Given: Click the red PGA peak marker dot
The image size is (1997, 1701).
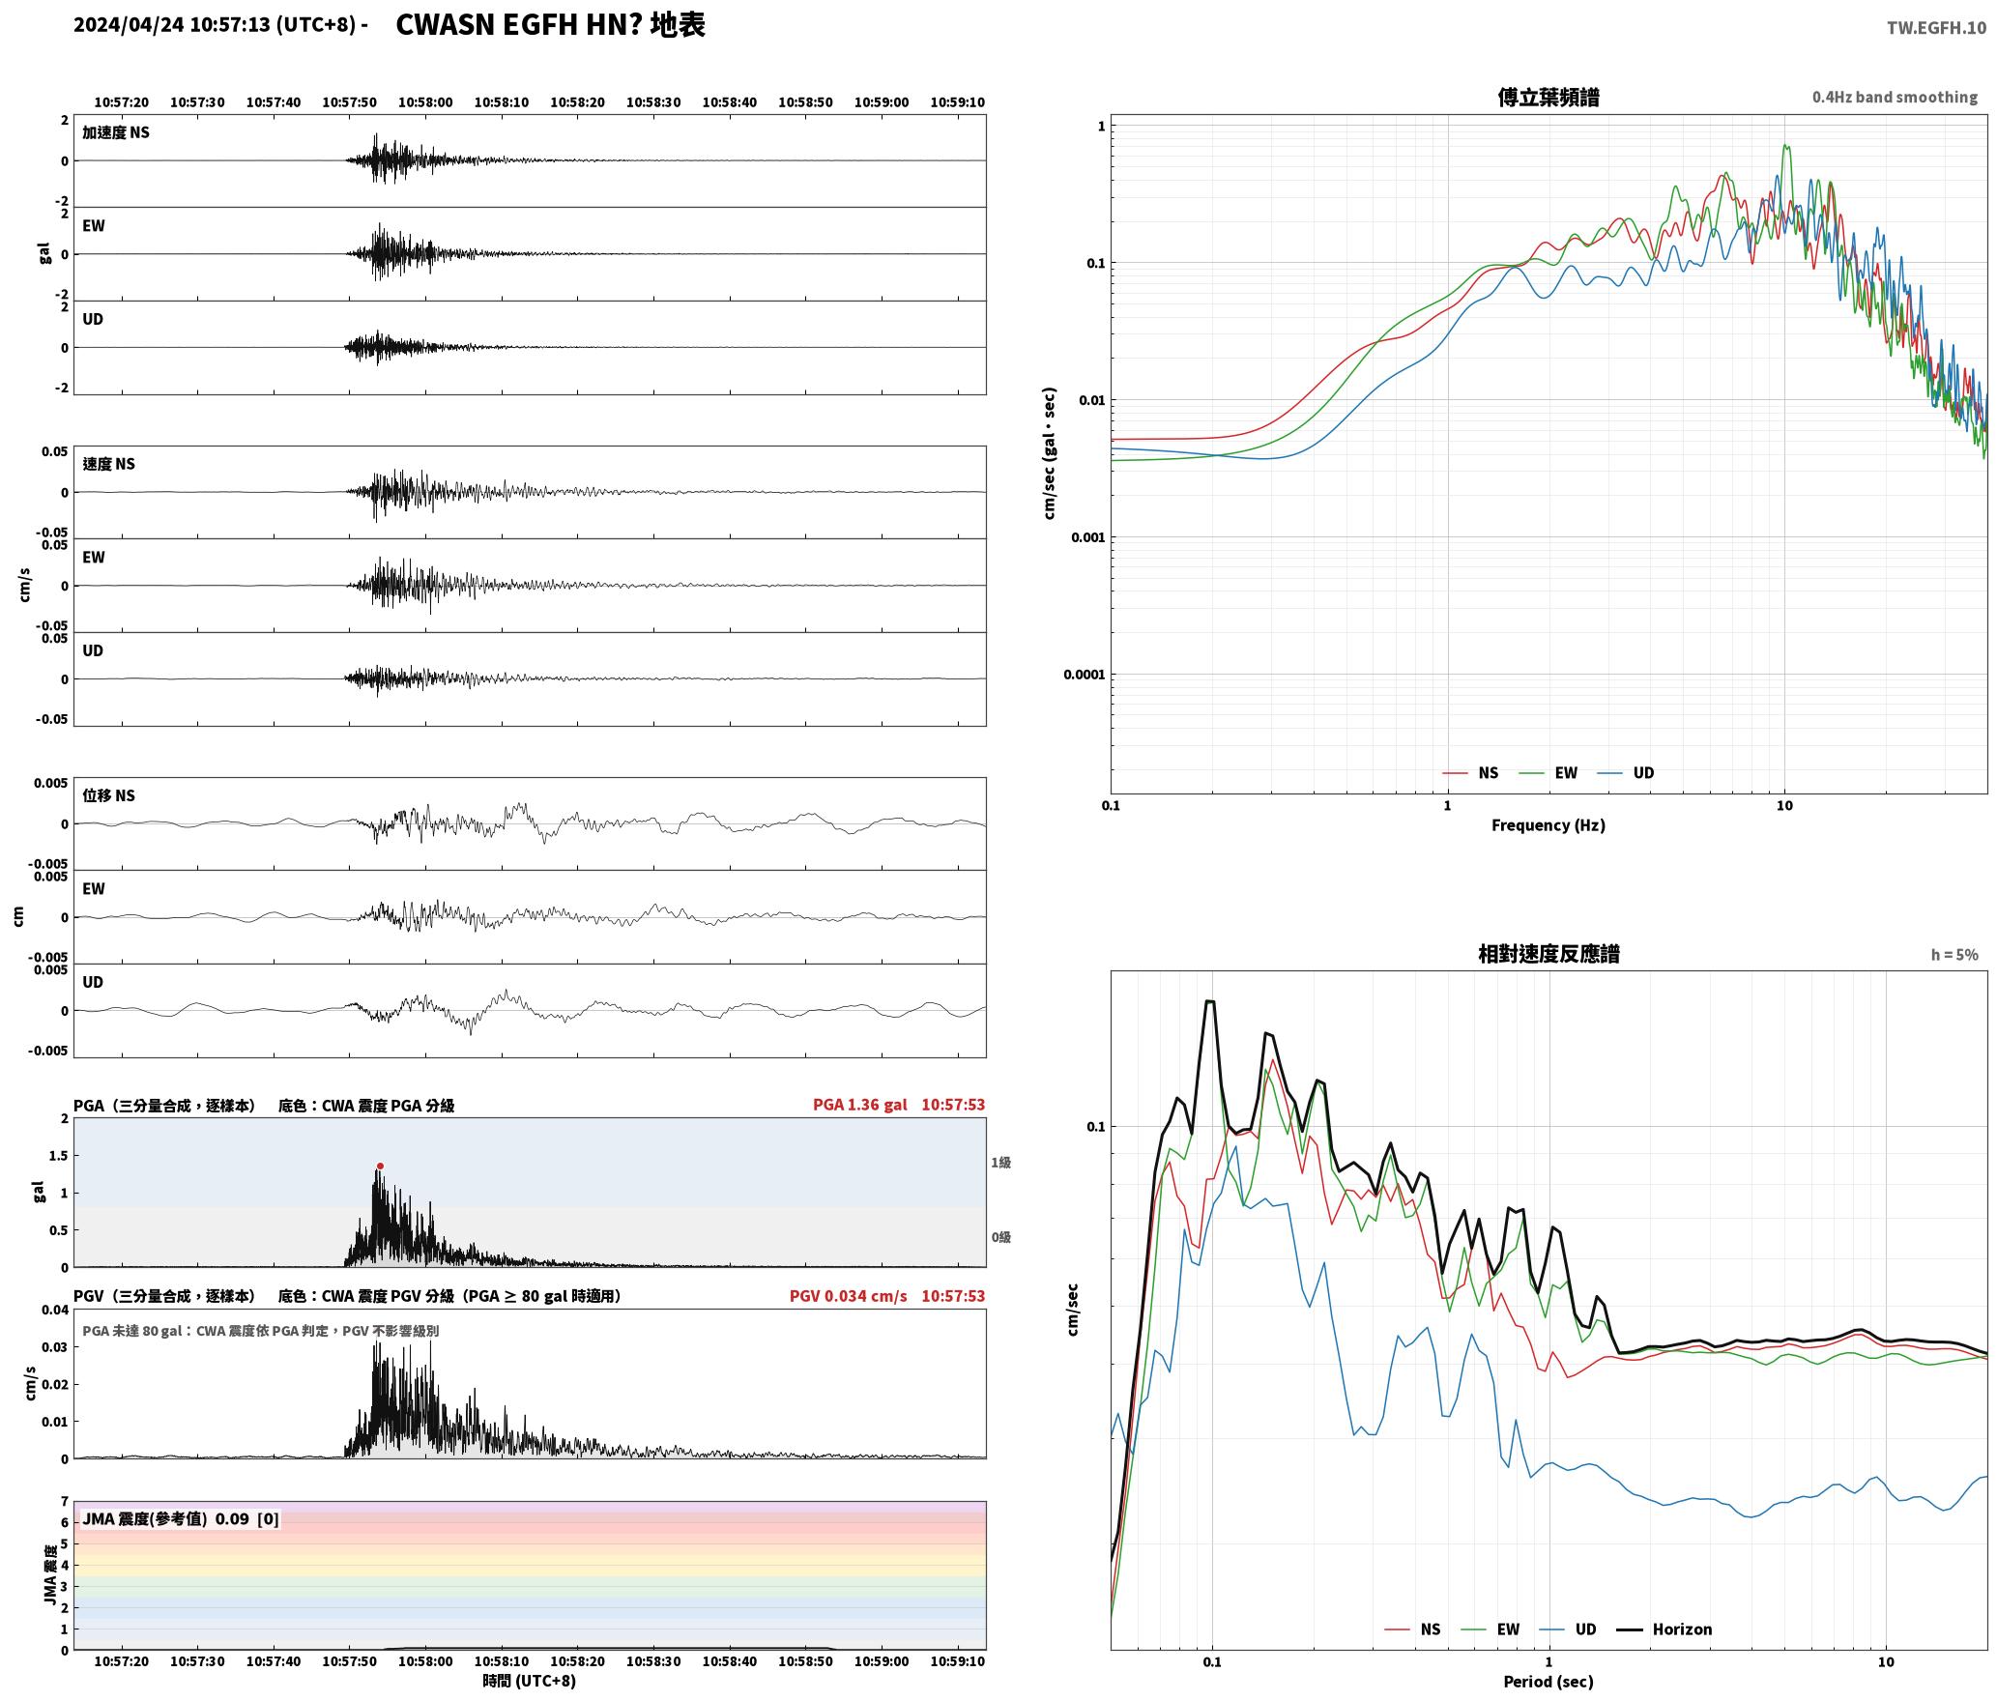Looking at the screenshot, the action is coord(380,1167).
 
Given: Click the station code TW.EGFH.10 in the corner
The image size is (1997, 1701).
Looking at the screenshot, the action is coord(1936,28).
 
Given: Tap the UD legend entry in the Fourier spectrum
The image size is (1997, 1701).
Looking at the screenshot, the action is coord(1626,772).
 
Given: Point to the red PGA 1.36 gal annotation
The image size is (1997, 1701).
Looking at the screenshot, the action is coord(859,1104).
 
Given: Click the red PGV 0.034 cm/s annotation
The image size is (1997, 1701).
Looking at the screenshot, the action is coord(848,1295).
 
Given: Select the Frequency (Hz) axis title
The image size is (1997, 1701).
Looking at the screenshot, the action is coord(1548,824).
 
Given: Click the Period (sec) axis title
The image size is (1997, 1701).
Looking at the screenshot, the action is coord(1548,1681).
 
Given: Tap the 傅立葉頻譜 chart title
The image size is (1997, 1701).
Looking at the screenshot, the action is coord(1548,97).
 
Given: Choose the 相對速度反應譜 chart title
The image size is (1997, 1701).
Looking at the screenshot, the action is coord(1548,953).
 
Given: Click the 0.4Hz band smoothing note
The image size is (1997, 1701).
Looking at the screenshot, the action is coord(1895,97).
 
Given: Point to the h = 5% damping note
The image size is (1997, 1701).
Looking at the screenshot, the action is coord(1954,954).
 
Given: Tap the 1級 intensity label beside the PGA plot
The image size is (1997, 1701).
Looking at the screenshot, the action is coord(1000,1162).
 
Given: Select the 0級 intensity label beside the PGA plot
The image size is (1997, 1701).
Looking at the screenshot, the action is coord(1000,1236).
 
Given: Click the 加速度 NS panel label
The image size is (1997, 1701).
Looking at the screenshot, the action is coord(116,132).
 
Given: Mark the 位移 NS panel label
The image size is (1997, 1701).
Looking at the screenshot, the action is coord(108,794).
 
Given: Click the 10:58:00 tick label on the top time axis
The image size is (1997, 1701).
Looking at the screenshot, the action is coord(425,101).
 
